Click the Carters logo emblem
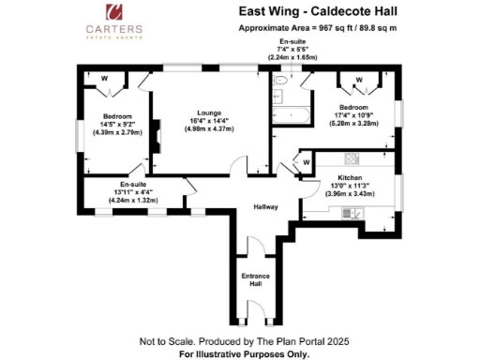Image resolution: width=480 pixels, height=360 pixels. pos(116,12)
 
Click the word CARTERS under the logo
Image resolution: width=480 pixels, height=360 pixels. pos(116,30)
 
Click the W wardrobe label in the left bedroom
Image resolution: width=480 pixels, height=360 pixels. pos(104,79)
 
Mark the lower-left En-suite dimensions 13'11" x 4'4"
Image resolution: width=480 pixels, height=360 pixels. pos(134,193)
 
